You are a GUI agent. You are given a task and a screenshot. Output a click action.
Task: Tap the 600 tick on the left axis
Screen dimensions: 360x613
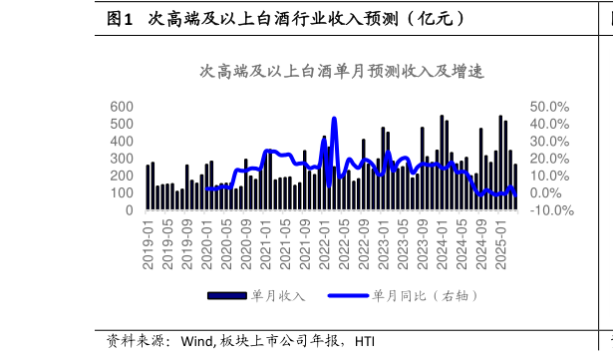pyautogui.click(x=121, y=107)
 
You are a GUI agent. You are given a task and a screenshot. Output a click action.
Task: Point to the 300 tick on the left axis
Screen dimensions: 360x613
pyautogui.click(x=121, y=159)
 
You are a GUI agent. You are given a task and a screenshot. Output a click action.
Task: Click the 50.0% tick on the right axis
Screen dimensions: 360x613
pyautogui.click(x=550, y=107)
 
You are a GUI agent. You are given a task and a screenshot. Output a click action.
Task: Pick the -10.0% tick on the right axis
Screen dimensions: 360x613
pyautogui.click(x=550, y=210)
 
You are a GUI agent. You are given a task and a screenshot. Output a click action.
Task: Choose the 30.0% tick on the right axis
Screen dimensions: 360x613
pyautogui.click(x=550, y=142)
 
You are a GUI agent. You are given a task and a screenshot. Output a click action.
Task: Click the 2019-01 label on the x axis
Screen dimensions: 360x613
pyautogui.click(x=149, y=244)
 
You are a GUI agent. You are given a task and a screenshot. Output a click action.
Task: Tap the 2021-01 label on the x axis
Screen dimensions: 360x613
pyautogui.click(x=266, y=244)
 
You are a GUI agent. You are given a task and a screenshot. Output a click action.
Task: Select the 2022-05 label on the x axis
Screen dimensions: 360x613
pyautogui.click(x=345, y=244)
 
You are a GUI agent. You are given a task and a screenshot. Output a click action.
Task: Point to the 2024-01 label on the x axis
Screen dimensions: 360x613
pyautogui.click(x=443, y=244)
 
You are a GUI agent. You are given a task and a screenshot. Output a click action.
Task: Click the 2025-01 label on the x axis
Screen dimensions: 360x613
pyautogui.click(x=501, y=244)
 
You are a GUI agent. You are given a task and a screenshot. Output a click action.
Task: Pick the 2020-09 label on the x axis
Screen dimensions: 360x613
pyautogui.click(x=246, y=244)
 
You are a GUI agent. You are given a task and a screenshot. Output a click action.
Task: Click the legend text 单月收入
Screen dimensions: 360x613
pyautogui.click(x=278, y=296)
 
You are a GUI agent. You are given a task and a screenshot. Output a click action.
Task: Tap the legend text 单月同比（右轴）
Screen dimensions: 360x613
pyautogui.click(x=426, y=296)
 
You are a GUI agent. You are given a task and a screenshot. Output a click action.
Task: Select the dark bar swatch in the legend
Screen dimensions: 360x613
pyautogui.click(x=226, y=296)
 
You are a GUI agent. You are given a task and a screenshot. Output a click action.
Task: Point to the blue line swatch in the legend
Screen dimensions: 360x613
pyautogui.click(x=348, y=296)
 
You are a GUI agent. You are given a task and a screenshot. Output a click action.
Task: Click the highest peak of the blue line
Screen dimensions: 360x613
pyautogui.click(x=334, y=119)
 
